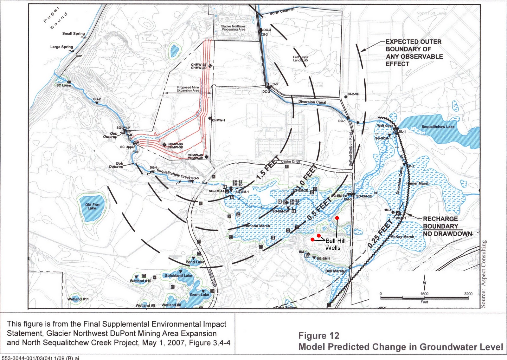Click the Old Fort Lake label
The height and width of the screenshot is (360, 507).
tap(92, 206)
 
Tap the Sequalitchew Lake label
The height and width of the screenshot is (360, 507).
tap(438, 127)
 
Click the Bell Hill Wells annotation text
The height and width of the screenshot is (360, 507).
tap(335, 244)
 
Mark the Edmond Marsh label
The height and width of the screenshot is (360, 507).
tap(257, 226)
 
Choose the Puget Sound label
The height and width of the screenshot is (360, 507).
tap(55, 18)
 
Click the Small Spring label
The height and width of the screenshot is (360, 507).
tap(74, 33)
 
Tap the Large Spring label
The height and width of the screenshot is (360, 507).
tap(61, 47)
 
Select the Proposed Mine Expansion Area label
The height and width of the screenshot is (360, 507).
tap(188, 89)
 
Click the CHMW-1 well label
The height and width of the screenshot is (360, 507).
tap(218, 121)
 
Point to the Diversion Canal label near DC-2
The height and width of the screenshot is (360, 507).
tap(312, 102)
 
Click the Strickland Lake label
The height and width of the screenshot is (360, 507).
tap(178, 276)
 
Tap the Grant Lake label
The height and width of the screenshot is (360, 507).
tap(199, 295)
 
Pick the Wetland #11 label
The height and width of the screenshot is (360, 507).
tap(78, 299)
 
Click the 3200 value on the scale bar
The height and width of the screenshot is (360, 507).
tap(468, 294)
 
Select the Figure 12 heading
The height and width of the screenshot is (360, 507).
tap(319, 336)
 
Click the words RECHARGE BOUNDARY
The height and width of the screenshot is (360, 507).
tap(440, 222)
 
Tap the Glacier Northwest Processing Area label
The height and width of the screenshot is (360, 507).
tap(234, 28)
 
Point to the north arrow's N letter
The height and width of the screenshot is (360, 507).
tap(425, 283)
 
